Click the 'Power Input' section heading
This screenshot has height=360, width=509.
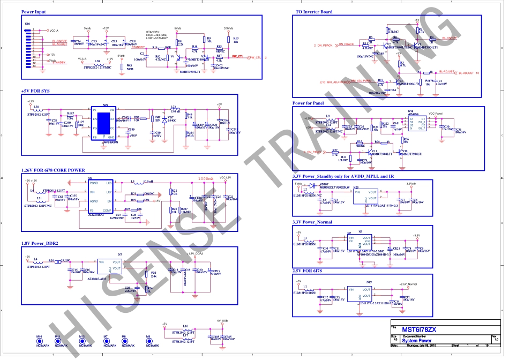pos(33,12)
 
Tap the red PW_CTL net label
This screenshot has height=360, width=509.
pos(238,56)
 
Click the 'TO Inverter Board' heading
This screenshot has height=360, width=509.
pos(314,12)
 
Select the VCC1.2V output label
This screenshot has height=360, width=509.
pos(226,177)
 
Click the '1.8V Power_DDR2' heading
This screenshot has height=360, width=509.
pos(40,244)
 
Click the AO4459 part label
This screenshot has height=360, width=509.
pos(414,114)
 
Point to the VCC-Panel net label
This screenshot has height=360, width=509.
pos(436,114)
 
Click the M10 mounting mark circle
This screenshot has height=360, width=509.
pos(39,341)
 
